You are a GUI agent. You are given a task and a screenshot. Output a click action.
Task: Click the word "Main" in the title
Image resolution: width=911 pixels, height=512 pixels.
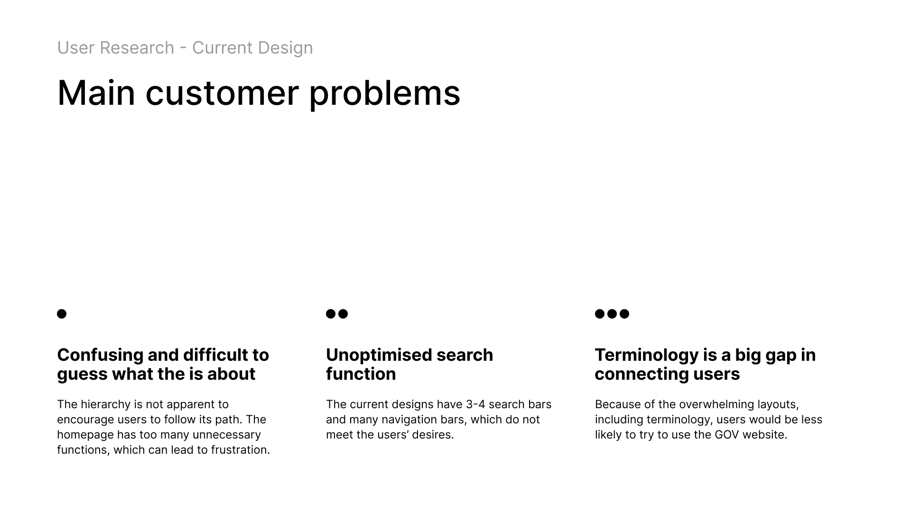(x=96, y=93)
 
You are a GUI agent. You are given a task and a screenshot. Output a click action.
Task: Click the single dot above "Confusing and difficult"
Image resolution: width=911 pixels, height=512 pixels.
(x=62, y=314)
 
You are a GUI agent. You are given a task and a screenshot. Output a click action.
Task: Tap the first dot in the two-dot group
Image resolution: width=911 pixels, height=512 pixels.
(x=331, y=314)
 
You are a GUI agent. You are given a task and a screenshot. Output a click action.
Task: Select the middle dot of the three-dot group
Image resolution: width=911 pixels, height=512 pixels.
(x=612, y=314)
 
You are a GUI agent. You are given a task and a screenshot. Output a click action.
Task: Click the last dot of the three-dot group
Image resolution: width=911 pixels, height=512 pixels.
(x=624, y=314)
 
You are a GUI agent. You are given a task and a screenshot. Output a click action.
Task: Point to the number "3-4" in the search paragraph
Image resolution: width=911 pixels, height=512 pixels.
(x=475, y=404)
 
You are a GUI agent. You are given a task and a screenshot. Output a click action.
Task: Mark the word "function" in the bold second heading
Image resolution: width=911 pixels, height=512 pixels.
(x=361, y=374)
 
